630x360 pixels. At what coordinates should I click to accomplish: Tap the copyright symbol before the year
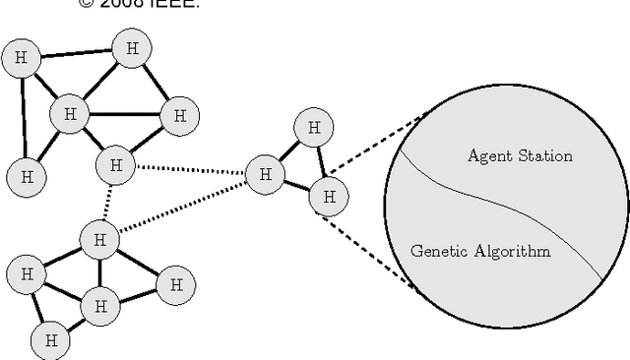(x=85, y=4)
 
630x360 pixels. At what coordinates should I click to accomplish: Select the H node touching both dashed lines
(x=329, y=197)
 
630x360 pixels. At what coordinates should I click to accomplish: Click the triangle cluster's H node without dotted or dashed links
(x=313, y=127)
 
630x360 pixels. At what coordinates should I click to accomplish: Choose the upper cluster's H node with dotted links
(x=116, y=164)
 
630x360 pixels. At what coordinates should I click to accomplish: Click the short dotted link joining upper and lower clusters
(x=107, y=202)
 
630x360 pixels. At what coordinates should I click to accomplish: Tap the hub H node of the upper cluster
(x=69, y=114)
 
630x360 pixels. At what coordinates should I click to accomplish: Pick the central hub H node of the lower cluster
(x=99, y=305)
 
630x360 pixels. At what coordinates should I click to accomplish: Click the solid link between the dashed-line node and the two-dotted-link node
(x=296, y=186)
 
